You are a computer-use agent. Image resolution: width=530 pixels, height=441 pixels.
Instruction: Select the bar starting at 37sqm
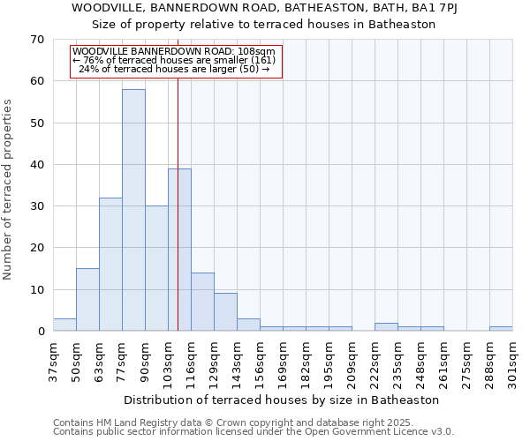[64, 325]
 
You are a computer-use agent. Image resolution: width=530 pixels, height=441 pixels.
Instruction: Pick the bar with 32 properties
[110, 265]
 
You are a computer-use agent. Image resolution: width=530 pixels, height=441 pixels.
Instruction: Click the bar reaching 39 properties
[179, 250]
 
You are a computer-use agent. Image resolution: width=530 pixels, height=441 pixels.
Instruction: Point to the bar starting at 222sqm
[386, 327]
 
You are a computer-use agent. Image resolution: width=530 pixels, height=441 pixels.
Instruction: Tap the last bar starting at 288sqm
[501, 329]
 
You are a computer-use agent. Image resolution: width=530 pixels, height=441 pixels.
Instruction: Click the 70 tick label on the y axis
[36, 40]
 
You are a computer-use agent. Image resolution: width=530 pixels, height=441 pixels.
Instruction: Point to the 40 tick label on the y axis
[36, 165]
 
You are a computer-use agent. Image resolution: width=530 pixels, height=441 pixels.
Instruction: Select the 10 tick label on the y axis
[36, 290]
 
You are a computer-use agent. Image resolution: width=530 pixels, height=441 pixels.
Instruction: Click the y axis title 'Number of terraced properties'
[9, 190]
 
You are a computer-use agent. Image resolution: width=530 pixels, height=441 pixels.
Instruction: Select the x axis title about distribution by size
[282, 400]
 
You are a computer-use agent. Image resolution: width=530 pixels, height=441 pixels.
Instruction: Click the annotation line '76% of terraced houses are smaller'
[175, 60]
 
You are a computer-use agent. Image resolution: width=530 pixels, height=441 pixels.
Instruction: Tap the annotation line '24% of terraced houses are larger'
[175, 69]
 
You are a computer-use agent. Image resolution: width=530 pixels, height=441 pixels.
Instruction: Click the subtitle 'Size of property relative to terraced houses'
[264, 25]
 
